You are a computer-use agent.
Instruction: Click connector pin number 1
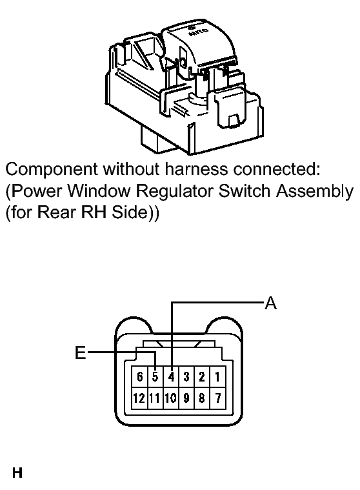pyautogui.click(x=217, y=377)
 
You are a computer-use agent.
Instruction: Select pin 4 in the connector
pyautogui.click(x=171, y=377)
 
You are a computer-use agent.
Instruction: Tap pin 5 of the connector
pyautogui.click(x=155, y=377)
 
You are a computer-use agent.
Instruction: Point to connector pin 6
pyautogui.click(x=139, y=377)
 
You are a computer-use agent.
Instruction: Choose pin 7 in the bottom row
pyautogui.click(x=217, y=398)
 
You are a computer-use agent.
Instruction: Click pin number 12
pyautogui.click(x=139, y=398)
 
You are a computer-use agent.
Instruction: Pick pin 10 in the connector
pyautogui.click(x=171, y=398)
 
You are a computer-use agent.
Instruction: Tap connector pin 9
pyautogui.click(x=186, y=398)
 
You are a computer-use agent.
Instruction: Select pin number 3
pyautogui.click(x=186, y=377)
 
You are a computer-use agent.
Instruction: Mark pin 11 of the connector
pyautogui.click(x=155, y=398)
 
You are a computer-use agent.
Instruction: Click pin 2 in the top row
pyautogui.click(x=202, y=377)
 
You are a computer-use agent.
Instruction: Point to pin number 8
pyautogui.click(x=202, y=398)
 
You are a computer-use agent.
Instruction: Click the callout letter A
pyautogui.click(x=271, y=303)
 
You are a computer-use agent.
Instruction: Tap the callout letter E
pyautogui.click(x=81, y=352)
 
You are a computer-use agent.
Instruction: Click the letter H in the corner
pyautogui.click(x=17, y=473)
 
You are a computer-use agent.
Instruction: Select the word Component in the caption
pyautogui.click(x=52, y=170)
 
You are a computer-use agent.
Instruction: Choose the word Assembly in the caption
pyautogui.click(x=314, y=192)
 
